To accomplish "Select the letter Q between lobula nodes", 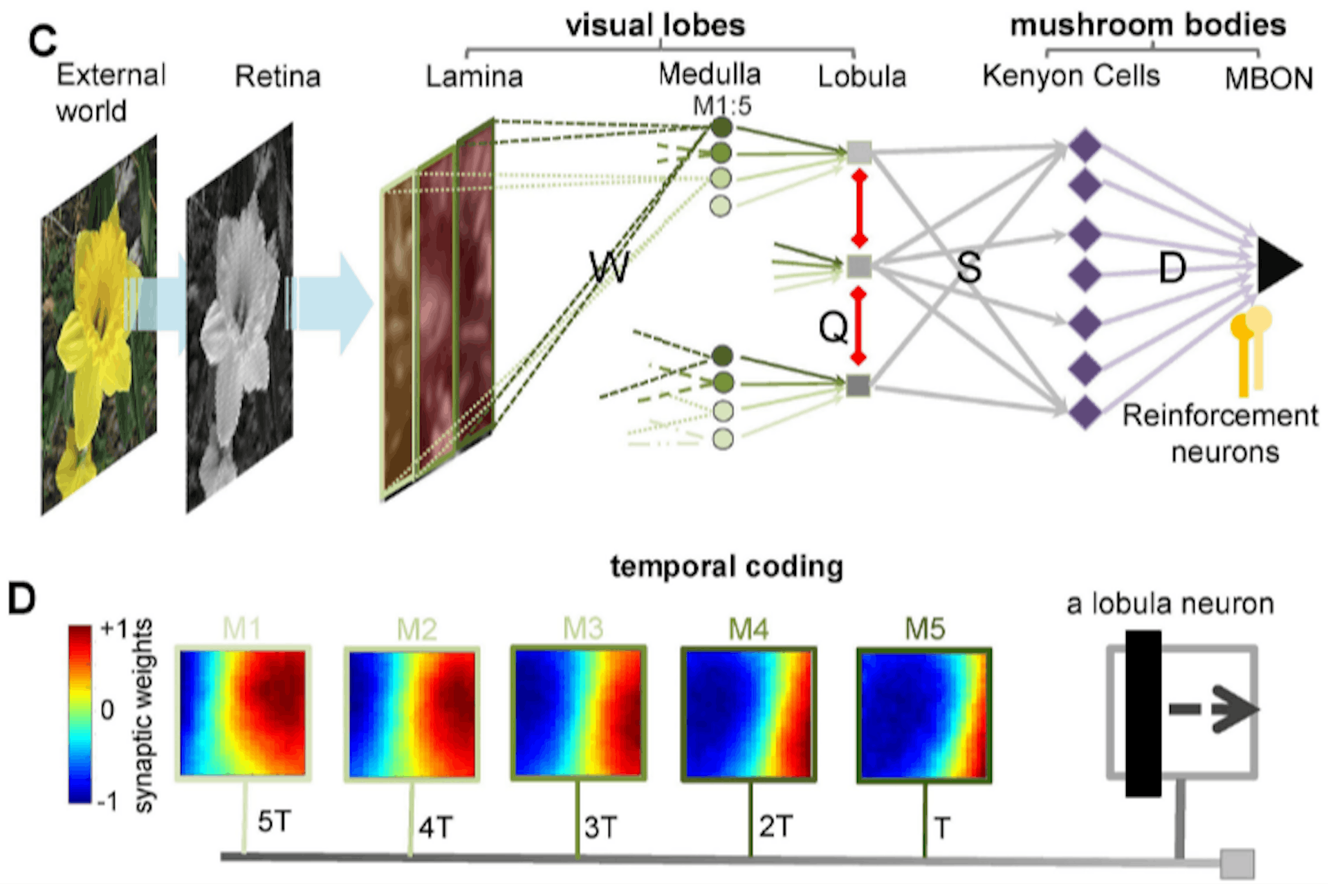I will coord(833,326).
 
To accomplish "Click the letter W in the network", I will coord(609,267).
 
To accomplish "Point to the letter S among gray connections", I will coord(968,267).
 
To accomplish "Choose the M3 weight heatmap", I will coord(578,713).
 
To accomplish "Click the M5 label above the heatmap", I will coord(925,629).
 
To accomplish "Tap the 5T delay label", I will coord(275,822).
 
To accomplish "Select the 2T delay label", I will coord(775,826).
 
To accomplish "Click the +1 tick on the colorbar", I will coord(114,629).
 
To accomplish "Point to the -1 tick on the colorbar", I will coord(107,801).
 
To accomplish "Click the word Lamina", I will coord(474,77).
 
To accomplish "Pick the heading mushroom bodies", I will coord(1147,26).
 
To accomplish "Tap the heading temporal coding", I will coord(726,567).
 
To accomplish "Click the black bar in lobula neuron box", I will coord(1143,713).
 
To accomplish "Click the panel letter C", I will coord(42,41).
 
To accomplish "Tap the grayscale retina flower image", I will coord(239,318).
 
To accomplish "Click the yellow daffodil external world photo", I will coord(98,325).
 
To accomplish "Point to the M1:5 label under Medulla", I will coord(722,106).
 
